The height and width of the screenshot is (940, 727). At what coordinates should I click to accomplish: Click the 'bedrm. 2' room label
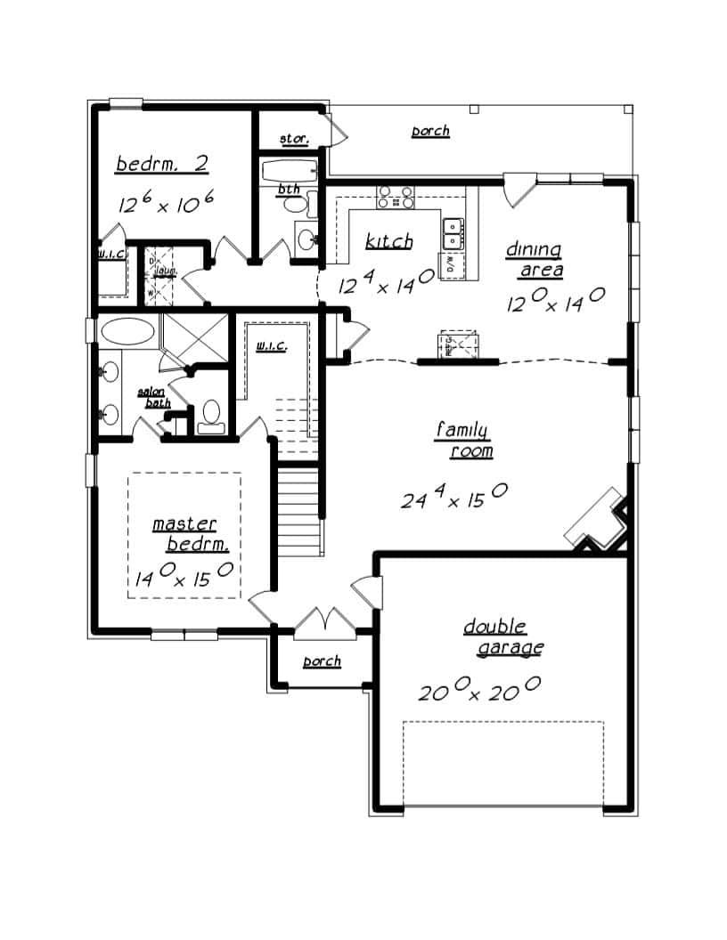162,165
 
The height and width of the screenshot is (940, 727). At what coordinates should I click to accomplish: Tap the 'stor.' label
294,139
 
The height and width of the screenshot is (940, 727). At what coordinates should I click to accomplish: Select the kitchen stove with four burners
395,197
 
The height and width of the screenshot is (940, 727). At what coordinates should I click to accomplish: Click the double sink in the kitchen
453,233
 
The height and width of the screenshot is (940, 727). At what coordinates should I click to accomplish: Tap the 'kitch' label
388,241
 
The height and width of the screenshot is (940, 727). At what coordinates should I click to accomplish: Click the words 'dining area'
535,259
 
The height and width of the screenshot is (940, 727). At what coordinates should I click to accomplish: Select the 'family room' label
463,441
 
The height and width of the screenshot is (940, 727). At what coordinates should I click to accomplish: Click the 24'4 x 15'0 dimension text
453,497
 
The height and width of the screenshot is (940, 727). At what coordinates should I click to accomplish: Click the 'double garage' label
502,637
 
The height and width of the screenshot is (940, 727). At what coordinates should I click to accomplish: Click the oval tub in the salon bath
127,333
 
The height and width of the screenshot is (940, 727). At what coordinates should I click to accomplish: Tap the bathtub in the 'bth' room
287,170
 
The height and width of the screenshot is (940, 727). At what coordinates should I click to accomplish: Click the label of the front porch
322,661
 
